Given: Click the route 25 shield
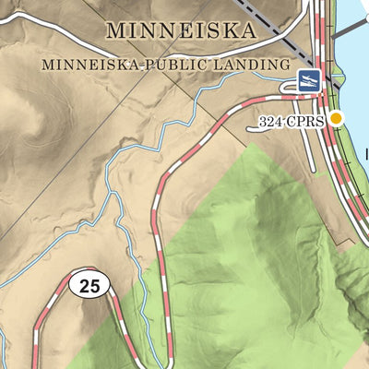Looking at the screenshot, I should tap(89, 286).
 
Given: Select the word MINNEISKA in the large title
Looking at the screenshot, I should tap(180, 30).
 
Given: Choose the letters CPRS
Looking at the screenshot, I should tap(308, 121).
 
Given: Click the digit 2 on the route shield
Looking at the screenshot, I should tap(84, 286).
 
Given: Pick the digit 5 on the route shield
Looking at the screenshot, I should tap(95, 286).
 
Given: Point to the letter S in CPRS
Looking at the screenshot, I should tap(321, 121).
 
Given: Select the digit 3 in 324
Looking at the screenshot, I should tap(265, 121).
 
